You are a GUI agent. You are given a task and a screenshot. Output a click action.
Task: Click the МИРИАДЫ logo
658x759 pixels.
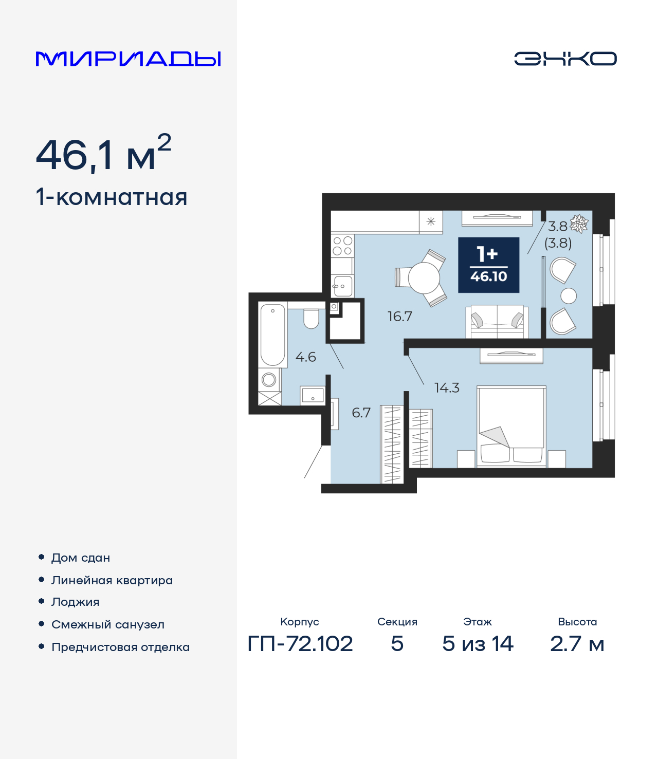coord(128,59)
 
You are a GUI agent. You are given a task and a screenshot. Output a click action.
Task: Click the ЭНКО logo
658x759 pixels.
coord(565,59)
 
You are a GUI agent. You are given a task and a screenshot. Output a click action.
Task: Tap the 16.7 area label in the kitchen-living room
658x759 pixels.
coord(399,317)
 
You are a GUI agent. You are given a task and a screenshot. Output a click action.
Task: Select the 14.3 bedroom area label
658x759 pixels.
coord(447,388)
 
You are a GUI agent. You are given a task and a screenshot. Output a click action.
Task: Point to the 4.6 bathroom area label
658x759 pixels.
coord(305,357)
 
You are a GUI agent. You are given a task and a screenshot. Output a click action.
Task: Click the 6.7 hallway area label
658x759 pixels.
coord(361,413)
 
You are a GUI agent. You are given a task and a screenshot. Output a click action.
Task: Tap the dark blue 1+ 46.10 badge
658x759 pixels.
coord(488,265)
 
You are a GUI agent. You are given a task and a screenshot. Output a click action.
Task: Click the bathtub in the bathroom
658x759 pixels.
coord(272,335)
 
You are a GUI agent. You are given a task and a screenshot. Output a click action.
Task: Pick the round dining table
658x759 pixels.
coord(424,278)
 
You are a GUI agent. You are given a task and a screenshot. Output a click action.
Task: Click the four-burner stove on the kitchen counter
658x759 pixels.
coord(342,246)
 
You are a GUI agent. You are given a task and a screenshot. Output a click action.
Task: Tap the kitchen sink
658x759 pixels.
coord(343,285)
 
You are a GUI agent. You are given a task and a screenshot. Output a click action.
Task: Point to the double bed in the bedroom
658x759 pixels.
coord(511,427)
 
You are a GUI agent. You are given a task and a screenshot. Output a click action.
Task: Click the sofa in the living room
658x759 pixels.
coord(497,322)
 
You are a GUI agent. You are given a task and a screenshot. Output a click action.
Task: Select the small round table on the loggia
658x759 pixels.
coord(569,296)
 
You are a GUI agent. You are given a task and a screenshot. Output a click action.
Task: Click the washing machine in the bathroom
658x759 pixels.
coord(269,380)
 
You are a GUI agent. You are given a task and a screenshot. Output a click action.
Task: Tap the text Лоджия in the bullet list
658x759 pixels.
coord(76,602)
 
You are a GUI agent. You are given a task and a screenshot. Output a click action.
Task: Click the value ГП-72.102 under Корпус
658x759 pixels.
coord(300,644)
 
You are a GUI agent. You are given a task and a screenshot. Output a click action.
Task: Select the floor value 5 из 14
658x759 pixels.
coord(478,644)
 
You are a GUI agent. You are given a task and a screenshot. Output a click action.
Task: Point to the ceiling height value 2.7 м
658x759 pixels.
coord(577,644)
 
